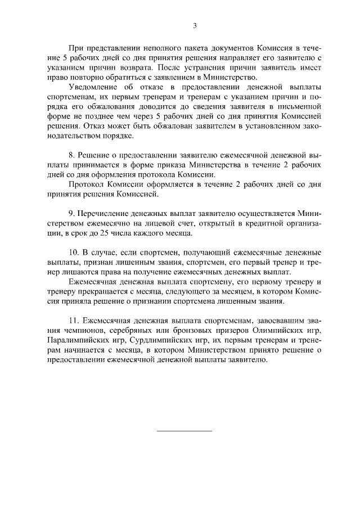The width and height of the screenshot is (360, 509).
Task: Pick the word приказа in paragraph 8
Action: click(x=159, y=165)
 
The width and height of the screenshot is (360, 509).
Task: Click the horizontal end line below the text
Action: click(x=184, y=431)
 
